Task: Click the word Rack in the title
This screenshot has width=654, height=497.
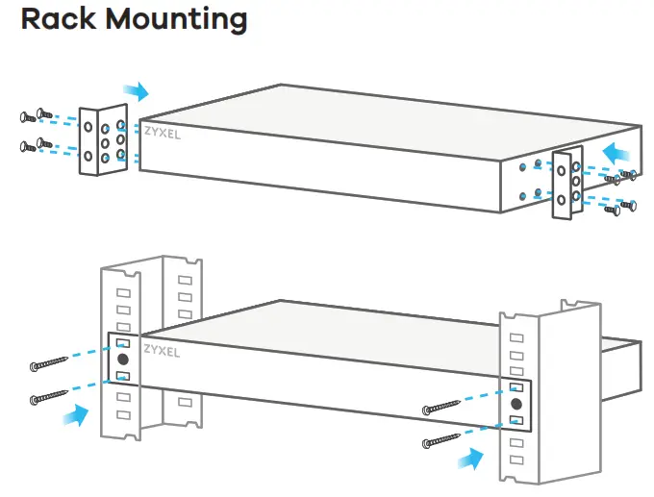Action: pos(61,18)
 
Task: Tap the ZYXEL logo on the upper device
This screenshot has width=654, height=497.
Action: pos(161,135)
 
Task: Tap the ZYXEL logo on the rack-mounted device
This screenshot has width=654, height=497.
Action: pos(161,353)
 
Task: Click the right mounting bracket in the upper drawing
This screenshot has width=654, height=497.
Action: pos(565,183)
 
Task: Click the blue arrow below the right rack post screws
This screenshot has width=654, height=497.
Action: pos(472,460)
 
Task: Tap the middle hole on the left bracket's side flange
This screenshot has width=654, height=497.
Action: pos(88,140)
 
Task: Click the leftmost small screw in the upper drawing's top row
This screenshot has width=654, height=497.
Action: pos(25,117)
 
